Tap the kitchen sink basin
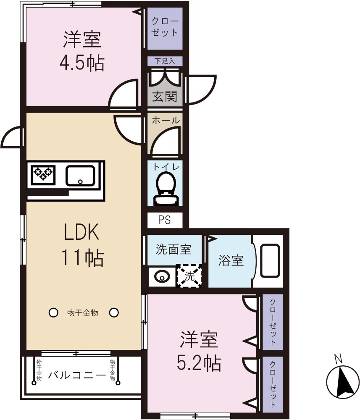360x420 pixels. coord(80,175)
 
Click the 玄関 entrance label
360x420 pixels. coord(165,97)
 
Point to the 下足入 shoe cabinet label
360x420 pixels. coord(165,61)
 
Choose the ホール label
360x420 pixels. coord(165,121)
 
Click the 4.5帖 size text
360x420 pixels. coord(82,63)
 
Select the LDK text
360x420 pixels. coord(82,232)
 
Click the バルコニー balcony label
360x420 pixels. coord(76,375)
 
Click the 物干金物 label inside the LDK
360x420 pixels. coord(83,313)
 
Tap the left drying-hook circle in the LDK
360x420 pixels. coord(53,312)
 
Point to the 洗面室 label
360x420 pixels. coord(174,249)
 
